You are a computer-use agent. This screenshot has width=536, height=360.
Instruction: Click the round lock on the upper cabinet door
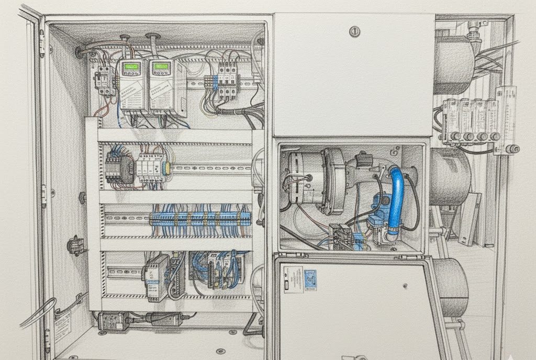(x=355, y=31)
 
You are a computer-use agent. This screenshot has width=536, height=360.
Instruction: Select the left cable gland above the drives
(x=125, y=39)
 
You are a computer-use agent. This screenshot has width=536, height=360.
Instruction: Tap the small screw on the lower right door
(x=405, y=286)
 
